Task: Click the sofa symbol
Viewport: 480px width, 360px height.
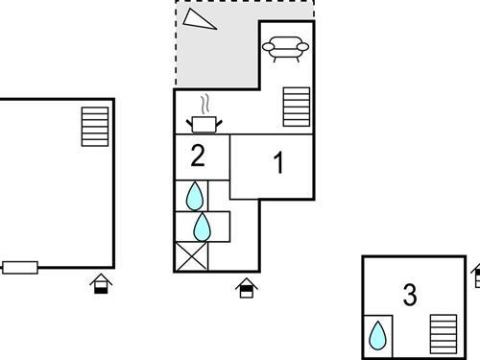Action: point(286,48)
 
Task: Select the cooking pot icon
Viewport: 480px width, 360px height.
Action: point(204,123)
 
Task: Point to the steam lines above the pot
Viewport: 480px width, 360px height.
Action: point(204,103)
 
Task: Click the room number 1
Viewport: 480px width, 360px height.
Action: point(279,163)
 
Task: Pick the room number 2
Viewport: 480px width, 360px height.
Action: point(198,155)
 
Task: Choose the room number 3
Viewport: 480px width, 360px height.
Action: point(410,296)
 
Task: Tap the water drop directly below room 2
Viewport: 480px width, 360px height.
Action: point(195,196)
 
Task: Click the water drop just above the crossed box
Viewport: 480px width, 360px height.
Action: point(203,228)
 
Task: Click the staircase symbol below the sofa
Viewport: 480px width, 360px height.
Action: point(297,107)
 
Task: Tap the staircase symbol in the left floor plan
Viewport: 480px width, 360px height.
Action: point(95,126)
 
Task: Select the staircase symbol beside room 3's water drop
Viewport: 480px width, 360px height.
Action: point(443,333)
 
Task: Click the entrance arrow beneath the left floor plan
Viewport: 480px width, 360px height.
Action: point(100,283)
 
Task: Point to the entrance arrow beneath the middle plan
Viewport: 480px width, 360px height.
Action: point(246,287)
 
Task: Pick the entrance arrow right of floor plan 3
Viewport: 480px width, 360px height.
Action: point(476,276)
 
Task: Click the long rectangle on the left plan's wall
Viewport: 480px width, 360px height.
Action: point(20,268)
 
